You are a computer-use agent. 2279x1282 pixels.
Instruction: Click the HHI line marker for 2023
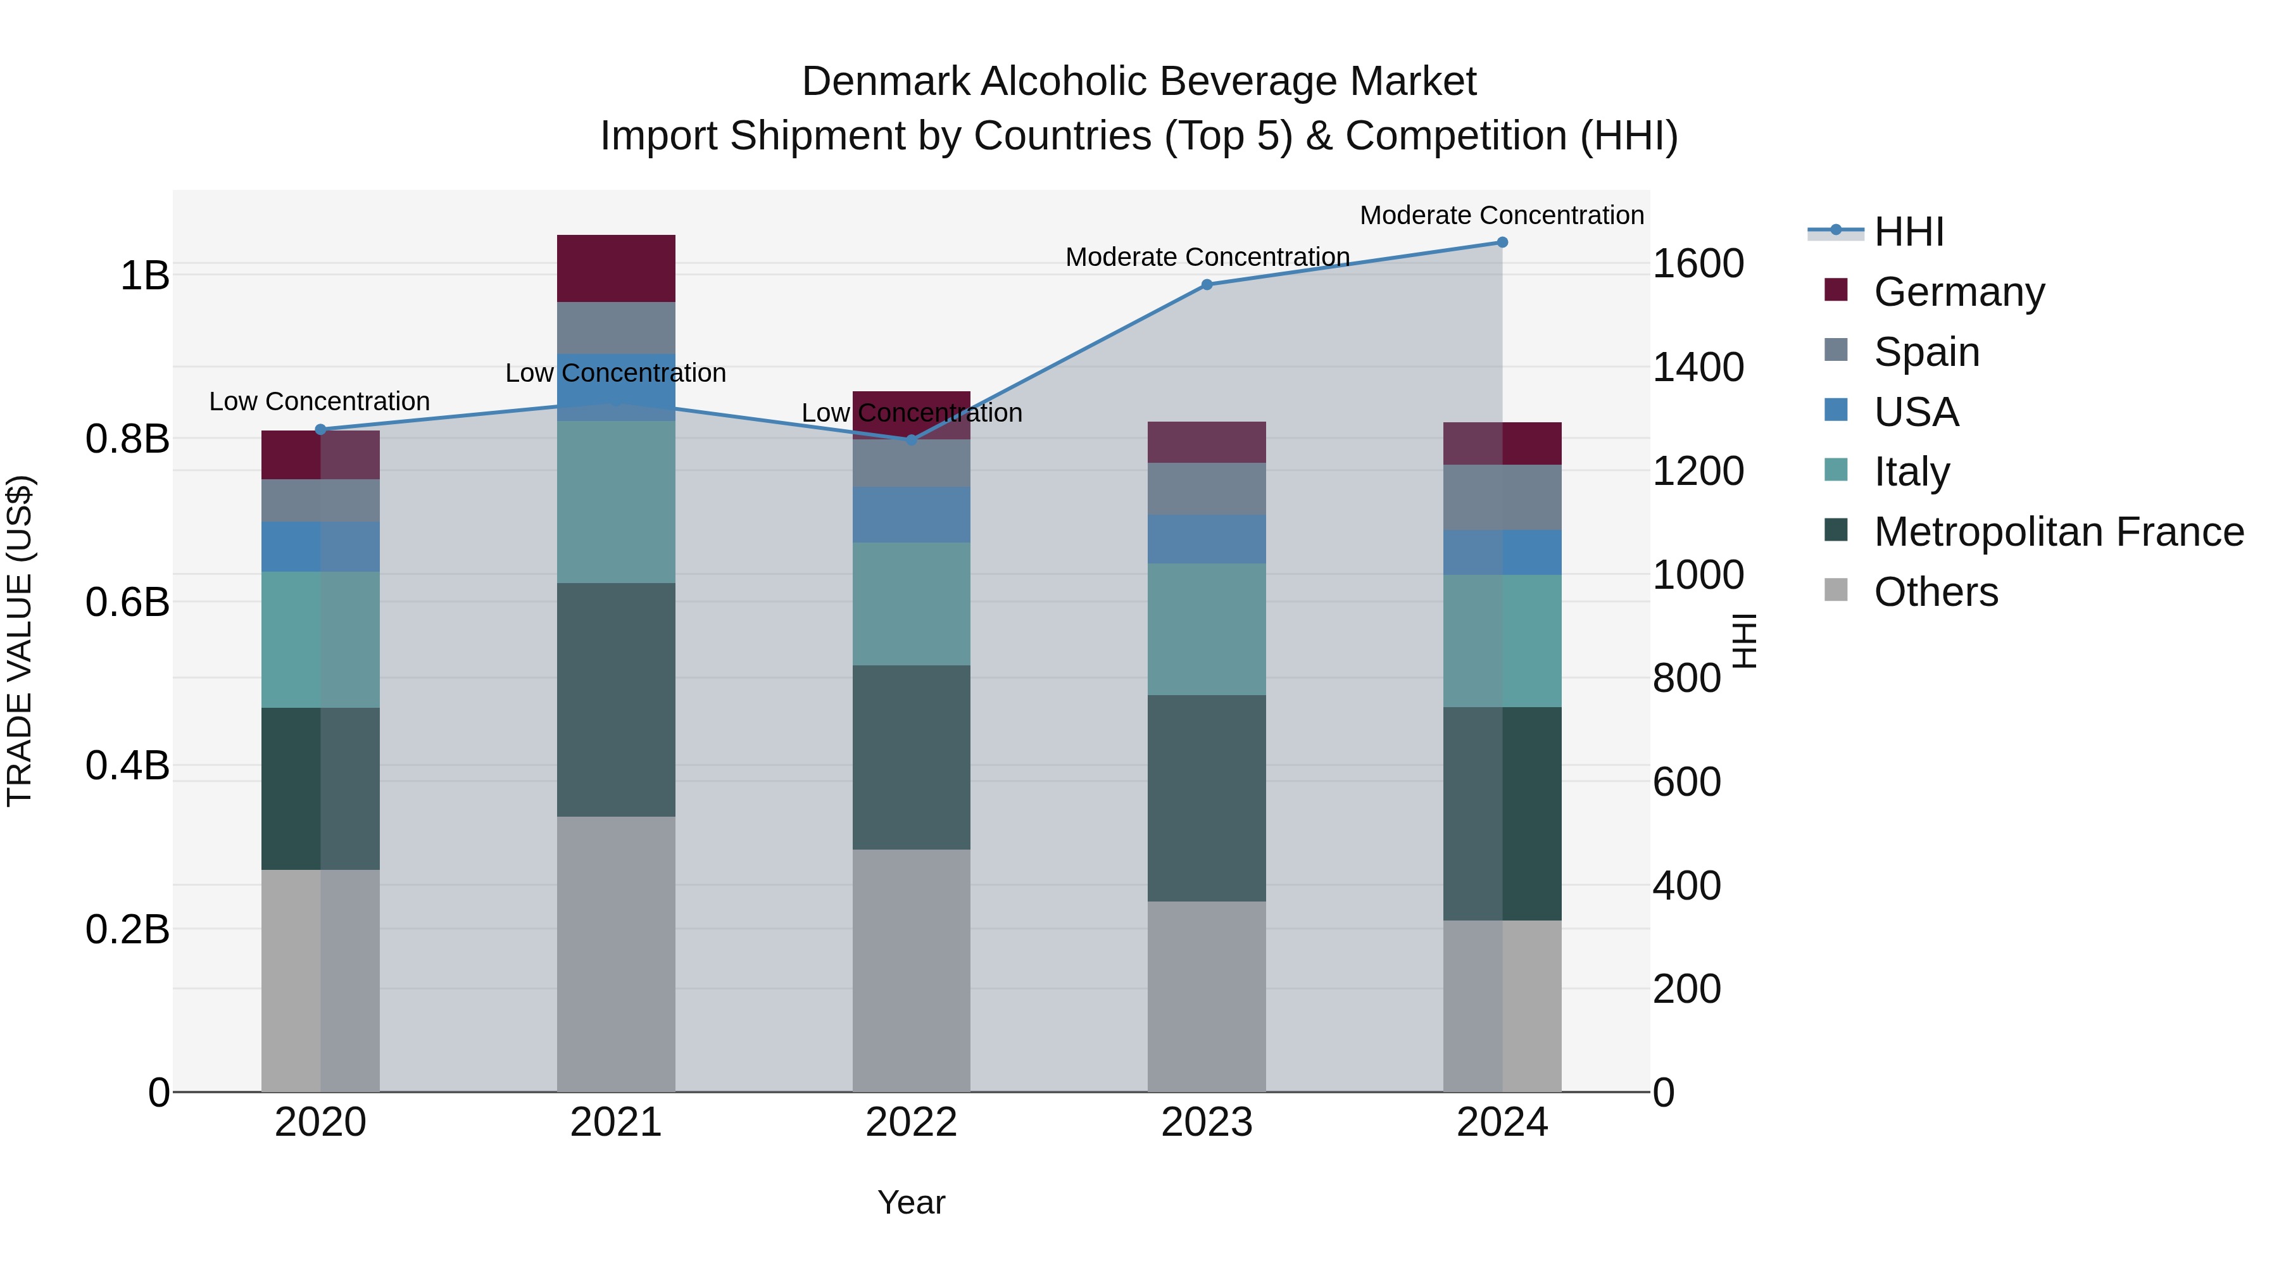[1207, 284]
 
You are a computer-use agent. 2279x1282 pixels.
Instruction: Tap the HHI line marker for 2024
[1502, 242]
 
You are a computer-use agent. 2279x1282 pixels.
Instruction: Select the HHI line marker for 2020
[320, 429]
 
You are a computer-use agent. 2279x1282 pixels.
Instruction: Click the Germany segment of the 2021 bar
[616, 268]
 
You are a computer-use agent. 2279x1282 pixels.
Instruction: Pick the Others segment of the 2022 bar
[911, 970]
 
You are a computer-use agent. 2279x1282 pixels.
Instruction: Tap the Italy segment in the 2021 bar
[616, 501]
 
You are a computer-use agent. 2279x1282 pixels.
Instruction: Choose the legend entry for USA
[1916, 412]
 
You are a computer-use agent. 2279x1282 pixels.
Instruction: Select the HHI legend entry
[1907, 232]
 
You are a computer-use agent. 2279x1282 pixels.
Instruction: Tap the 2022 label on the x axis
[911, 1122]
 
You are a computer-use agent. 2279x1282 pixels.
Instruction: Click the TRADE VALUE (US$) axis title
[20, 641]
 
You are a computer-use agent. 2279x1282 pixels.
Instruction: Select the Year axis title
[911, 1202]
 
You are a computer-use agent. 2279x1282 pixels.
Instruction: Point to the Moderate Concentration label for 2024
[1502, 215]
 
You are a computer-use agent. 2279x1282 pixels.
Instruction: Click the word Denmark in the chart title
[886, 82]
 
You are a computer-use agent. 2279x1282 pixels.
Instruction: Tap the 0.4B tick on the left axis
[127, 765]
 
